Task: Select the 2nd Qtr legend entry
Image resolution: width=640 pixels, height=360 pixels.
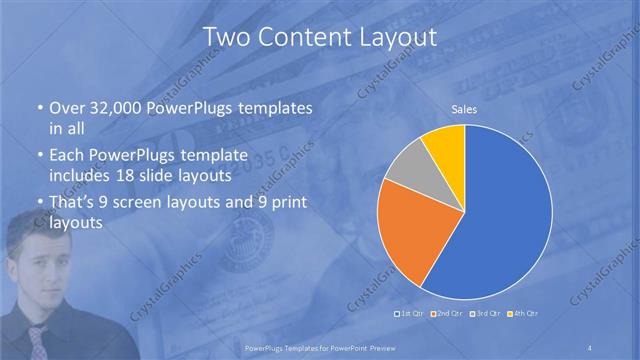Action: [x=447, y=314]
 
